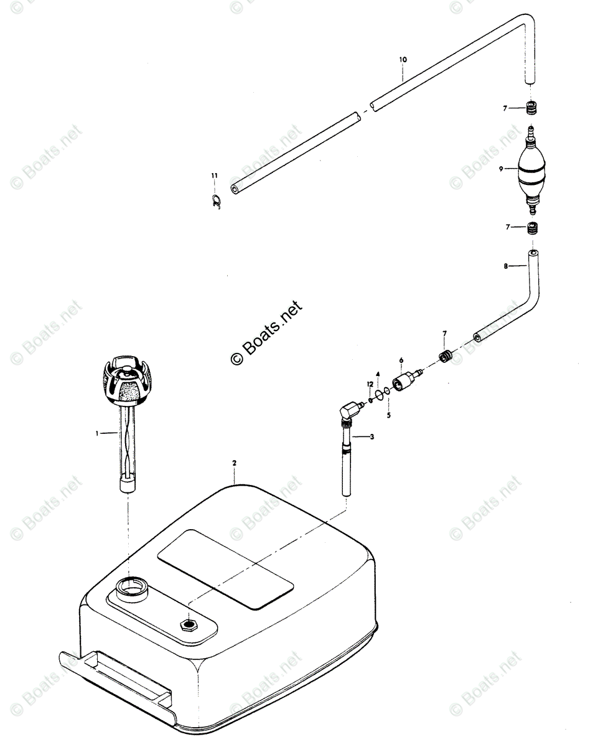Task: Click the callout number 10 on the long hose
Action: (x=403, y=60)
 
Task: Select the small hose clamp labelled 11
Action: (x=215, y=201)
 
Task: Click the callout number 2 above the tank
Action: (x=235, y=463)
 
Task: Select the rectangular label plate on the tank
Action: (x=225, y=568)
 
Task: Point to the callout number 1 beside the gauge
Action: (x=97, y=433)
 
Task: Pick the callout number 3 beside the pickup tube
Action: (x=372, y=437)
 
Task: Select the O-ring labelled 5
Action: (x=387, y=391)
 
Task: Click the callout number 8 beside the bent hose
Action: (x=506, y=266)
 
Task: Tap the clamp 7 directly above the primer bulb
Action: (x=531, y=108)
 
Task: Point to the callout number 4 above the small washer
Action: (x=378, y=375)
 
